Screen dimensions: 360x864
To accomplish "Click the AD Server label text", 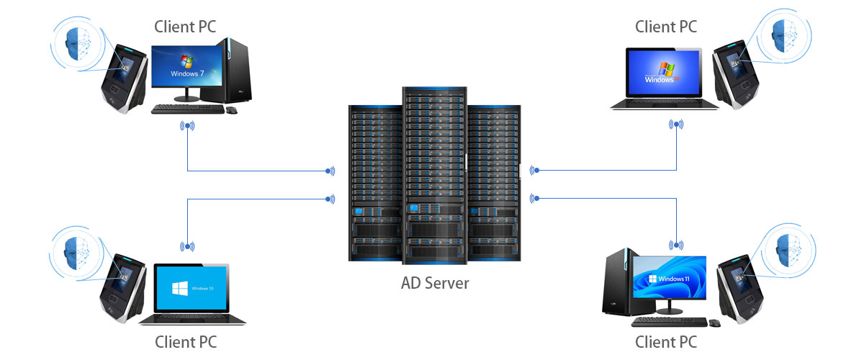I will click(x=435, y=283).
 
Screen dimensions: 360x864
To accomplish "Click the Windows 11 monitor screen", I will click(x=670, y=278).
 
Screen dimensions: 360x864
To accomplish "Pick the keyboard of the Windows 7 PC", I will click(x=187, y=109).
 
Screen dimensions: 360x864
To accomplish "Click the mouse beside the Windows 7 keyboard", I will click(x=232, y=110).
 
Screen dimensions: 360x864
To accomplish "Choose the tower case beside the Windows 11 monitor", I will click(x=620, y=282).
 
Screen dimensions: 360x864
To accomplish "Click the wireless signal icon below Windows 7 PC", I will click(x=187, y=127).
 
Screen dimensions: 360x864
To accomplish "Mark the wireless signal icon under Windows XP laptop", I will click(x=676, y=125).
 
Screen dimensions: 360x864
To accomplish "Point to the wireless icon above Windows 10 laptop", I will click(x=187, y=246).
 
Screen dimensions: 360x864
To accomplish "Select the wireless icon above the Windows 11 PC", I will click(x=676, y=246).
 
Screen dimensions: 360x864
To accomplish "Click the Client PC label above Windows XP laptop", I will click(x=666, y=27).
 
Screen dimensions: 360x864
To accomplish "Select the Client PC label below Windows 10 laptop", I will click(x=186, y=341).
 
